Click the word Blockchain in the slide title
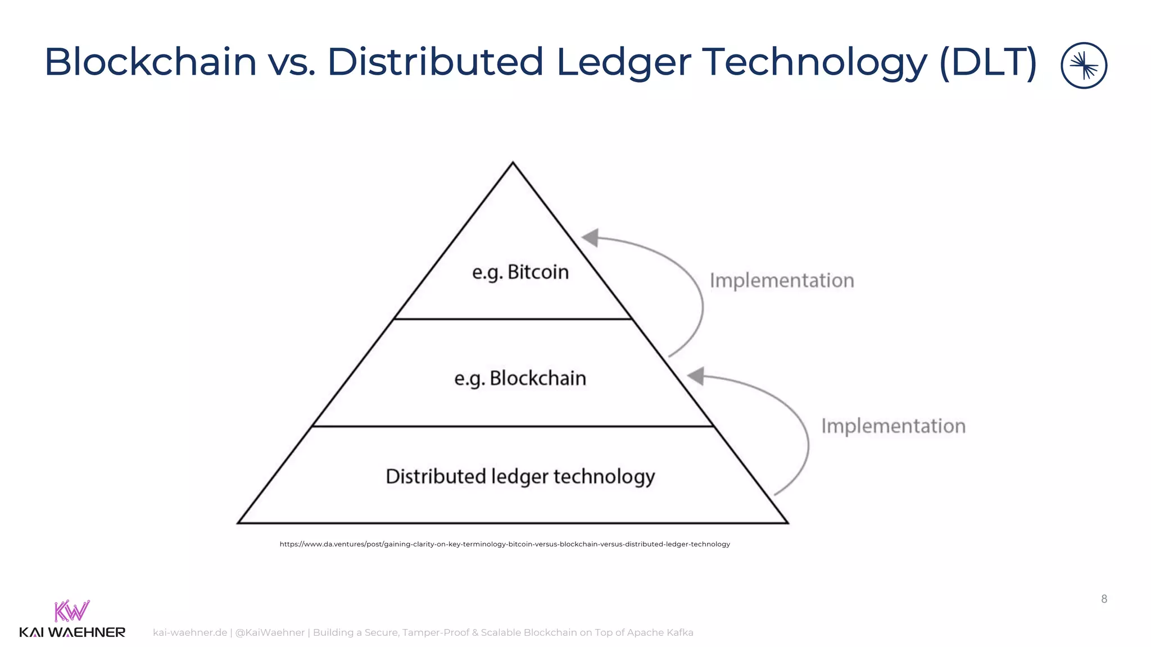pos(151,62)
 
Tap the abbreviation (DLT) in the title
pos(987,62)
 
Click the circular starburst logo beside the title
pos(1084,66)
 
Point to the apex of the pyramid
pos(513,163)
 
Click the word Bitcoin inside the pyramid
pos(538,272)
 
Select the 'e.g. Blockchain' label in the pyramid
pos(520,379)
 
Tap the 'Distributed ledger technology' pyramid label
pos(520,477)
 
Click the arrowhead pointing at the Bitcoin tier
pos(590,237)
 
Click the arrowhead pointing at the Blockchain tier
pos(696,376)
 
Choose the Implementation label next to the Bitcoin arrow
pos(781,280)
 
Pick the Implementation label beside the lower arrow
pos(893,426)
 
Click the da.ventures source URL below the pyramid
pos(505,544)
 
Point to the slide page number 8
pos(1104,599)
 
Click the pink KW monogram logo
pos(72,611)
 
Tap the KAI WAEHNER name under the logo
pos(72,633)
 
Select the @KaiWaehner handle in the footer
pos(270,633)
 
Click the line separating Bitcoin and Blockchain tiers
pos(513,319)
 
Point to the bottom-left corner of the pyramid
pos(238,523)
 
